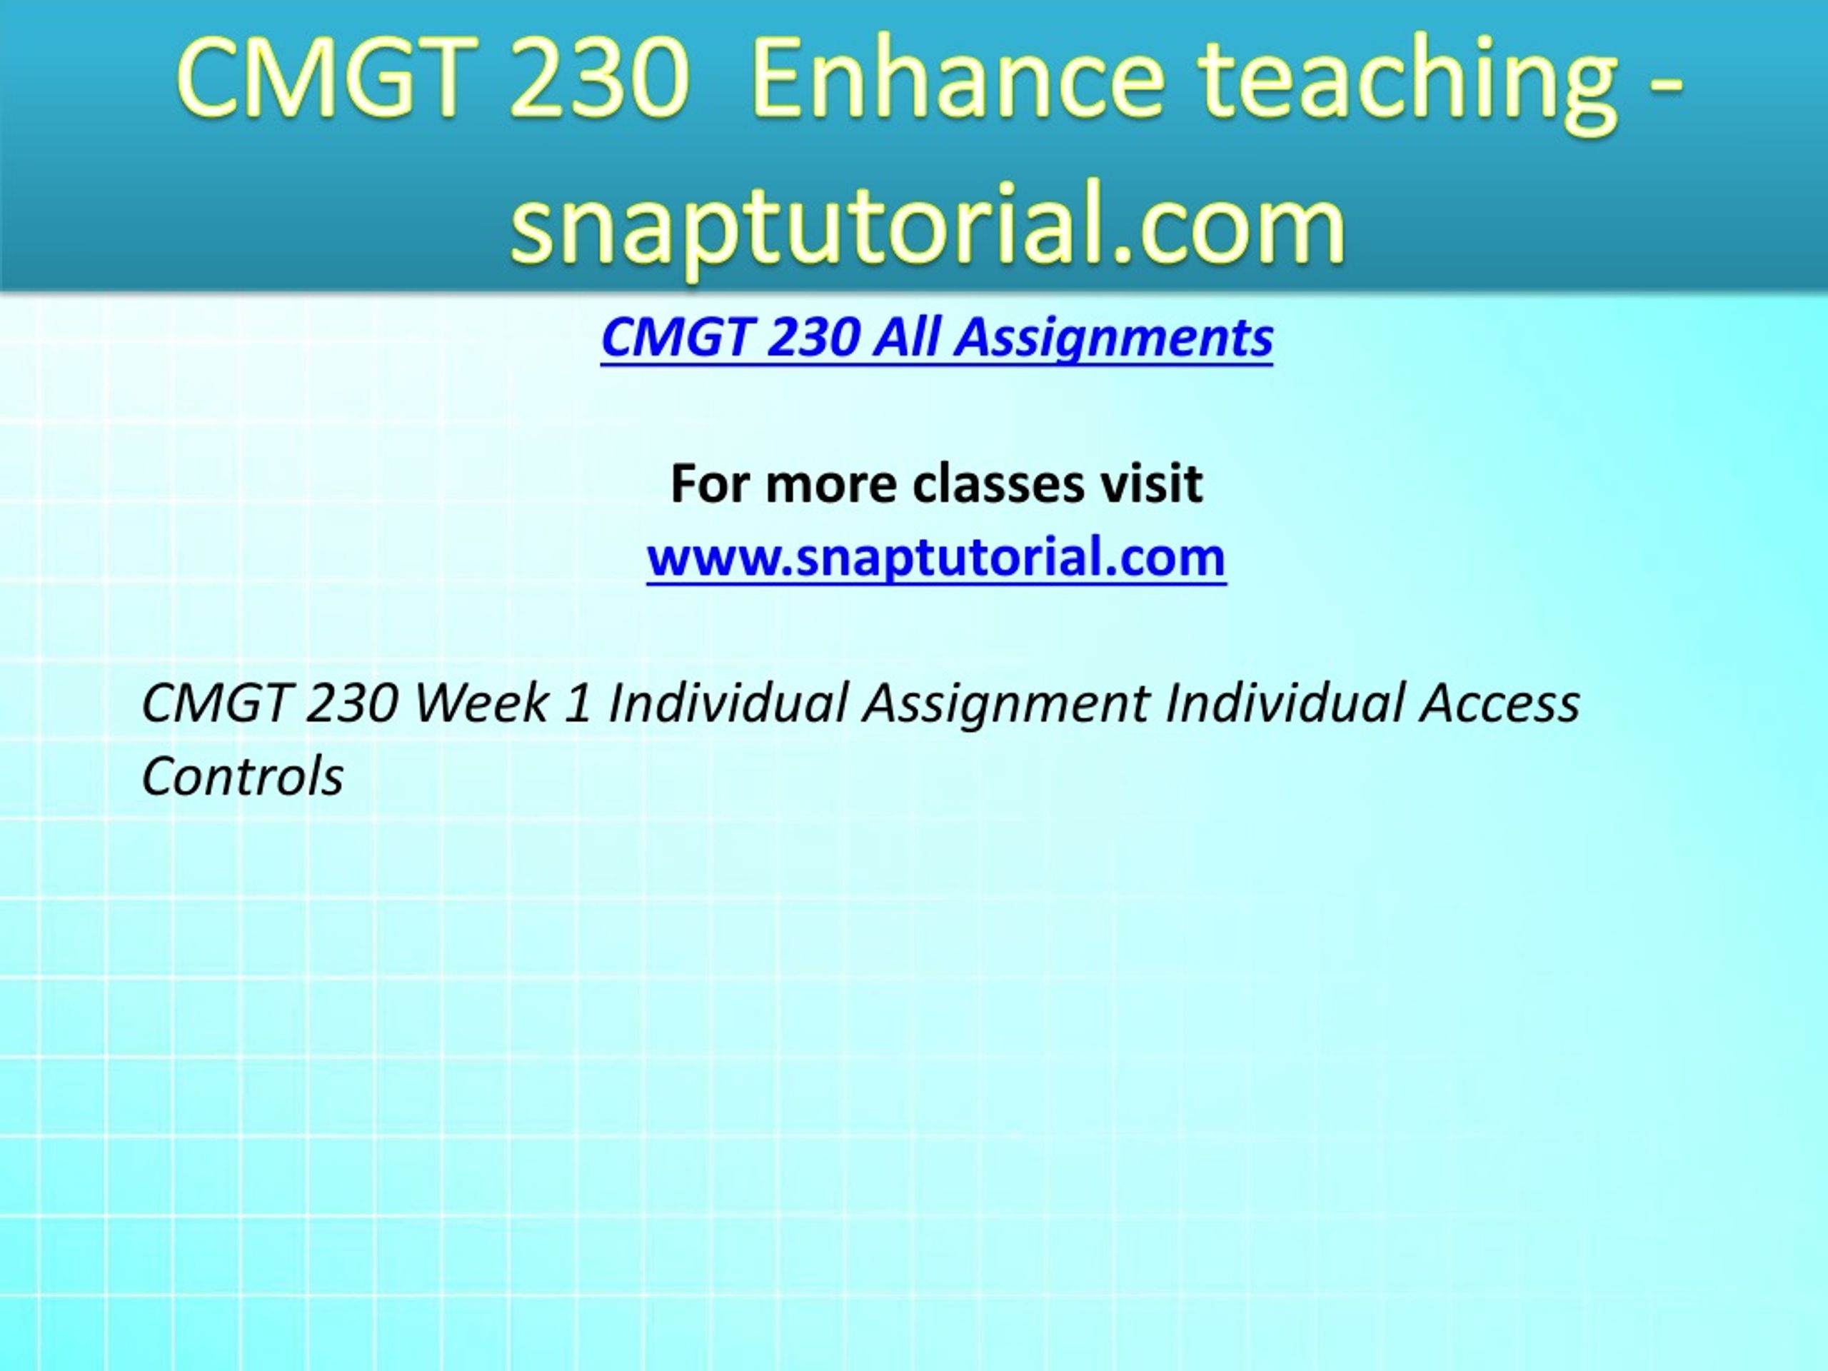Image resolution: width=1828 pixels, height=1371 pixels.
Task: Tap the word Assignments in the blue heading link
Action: [1114, 339]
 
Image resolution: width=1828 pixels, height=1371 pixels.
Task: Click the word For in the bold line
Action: [710, 483]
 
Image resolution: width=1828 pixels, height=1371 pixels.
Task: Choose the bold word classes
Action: [998, 484]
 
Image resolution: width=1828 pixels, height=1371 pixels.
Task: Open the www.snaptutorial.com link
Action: [936, 557]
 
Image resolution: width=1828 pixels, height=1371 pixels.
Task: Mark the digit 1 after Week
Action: [578, 704]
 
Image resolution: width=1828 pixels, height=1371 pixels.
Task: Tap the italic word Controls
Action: [243, 777]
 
